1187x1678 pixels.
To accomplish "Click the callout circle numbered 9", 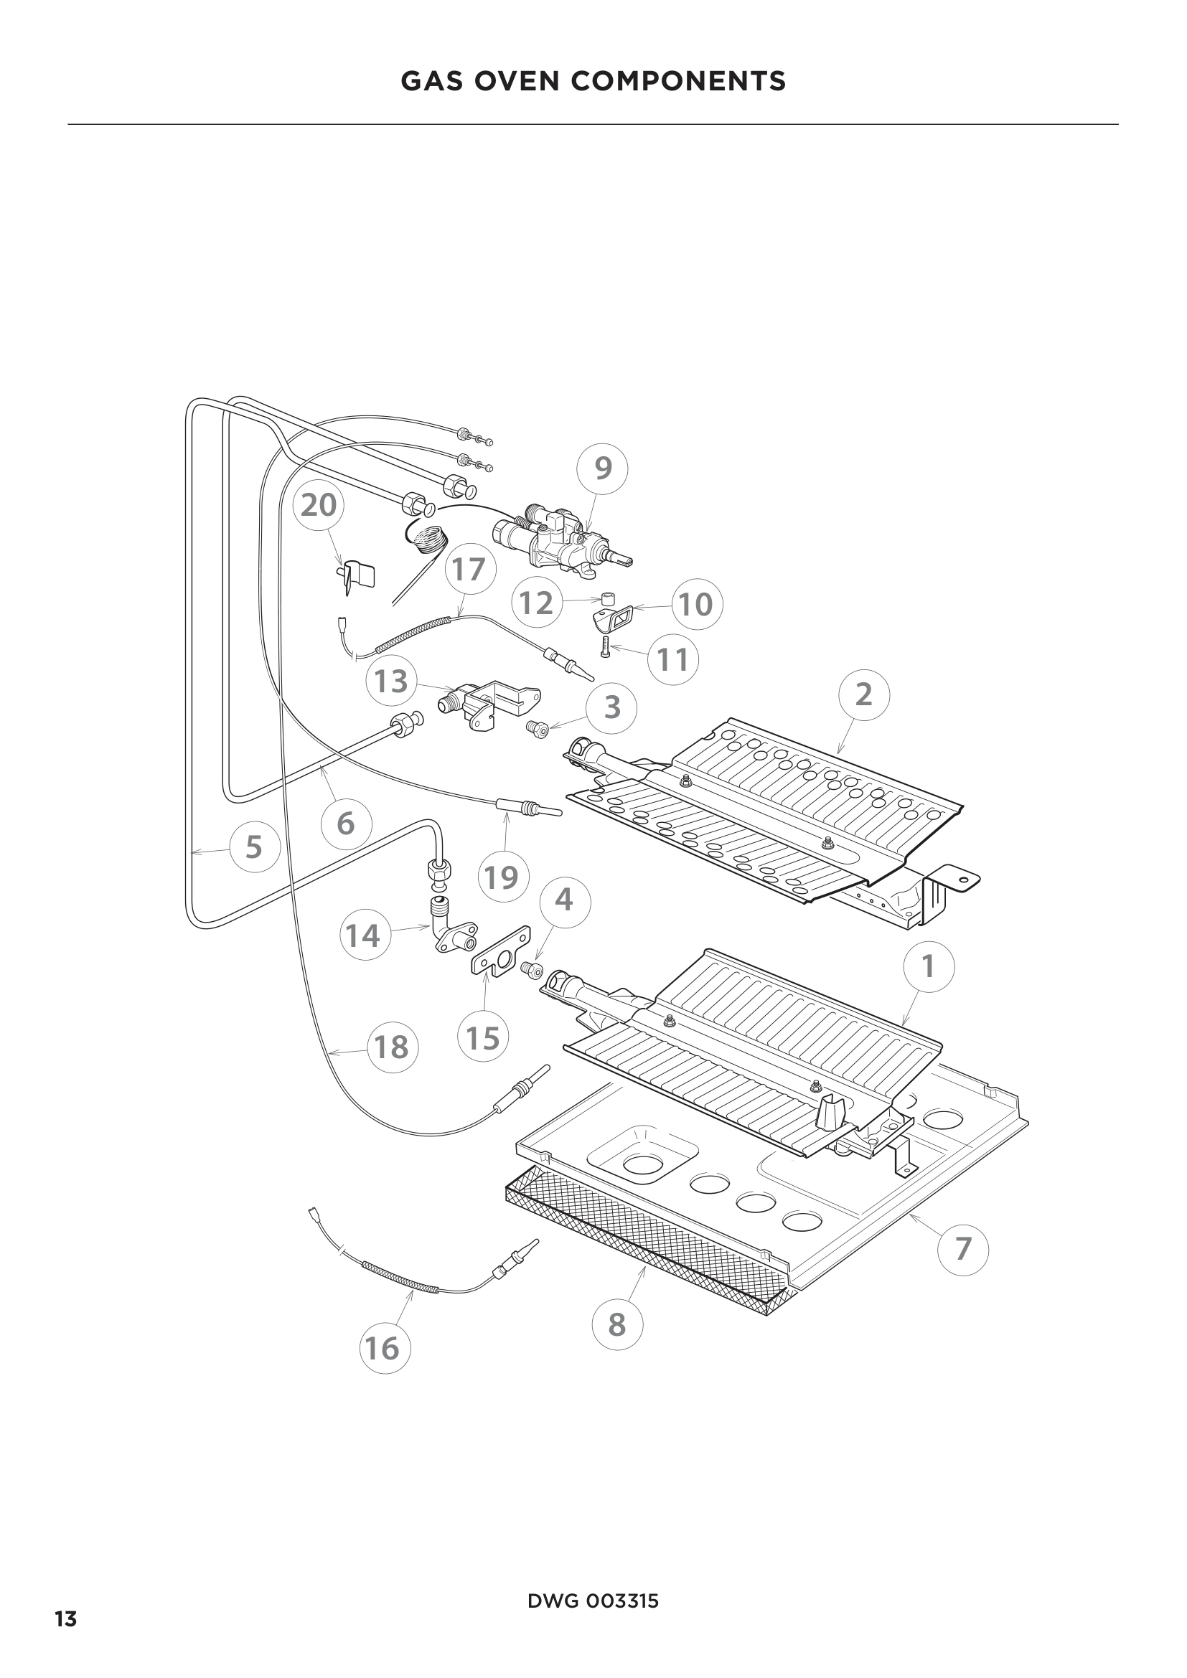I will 602,468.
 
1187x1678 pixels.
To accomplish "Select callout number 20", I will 319,505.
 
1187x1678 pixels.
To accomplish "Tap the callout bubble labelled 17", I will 469,570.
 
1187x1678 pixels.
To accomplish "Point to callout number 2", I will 864,694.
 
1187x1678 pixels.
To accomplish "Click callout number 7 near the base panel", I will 962,1249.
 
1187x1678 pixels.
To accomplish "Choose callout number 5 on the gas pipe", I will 253,847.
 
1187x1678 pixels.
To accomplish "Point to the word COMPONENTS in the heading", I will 677,81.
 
